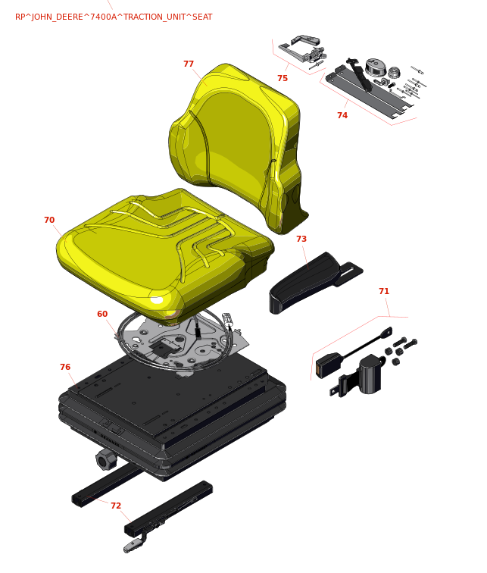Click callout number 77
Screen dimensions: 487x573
point(189,64)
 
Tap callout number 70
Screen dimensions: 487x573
point(49,220)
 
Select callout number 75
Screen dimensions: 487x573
point(283,78)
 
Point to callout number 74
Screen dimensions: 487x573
point(342,115)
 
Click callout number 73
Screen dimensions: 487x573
point(301,239)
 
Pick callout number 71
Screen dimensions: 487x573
point(384,291)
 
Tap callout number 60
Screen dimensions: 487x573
point(102,314)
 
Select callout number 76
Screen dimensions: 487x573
point(65,367)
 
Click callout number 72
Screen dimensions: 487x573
point(116,506)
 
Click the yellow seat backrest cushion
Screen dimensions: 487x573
point(237,146)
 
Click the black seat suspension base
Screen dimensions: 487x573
point(172,413)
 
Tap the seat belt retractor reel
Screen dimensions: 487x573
point(370,374)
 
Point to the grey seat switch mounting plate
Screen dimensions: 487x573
point(183,342)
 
